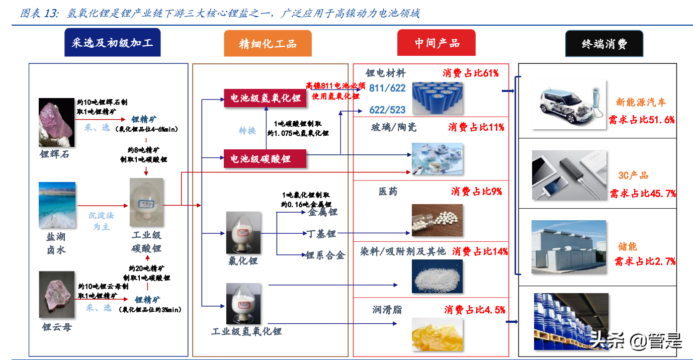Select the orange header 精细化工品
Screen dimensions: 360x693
pos(268,43)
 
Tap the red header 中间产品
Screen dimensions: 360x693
pos(437,43)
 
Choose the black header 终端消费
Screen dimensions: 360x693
pos(604,43)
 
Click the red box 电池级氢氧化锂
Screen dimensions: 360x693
pos(265,98)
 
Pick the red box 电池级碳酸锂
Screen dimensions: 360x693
pos(265,159)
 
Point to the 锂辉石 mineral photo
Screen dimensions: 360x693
pos(56,122)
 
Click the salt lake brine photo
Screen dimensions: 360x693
pos(57,205)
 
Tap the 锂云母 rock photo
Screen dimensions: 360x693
pos(56,295)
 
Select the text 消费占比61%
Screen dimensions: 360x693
pos(471,73)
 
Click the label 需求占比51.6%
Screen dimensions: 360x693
pos(641,120)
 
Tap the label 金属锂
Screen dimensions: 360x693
pos(322,212)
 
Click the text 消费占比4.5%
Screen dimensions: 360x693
pos(474,310)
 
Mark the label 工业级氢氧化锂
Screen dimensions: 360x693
pos(246,331)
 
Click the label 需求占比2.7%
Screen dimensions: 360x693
pos(644,261)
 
